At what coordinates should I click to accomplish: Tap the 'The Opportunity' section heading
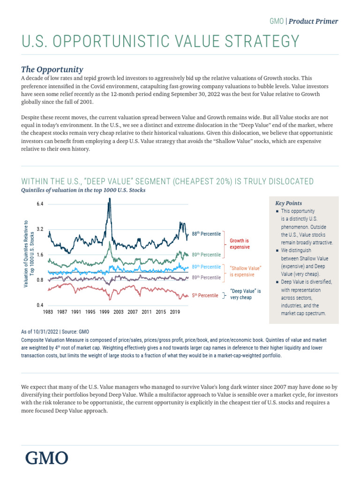(52, 69)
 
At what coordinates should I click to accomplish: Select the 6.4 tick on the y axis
(39, 204)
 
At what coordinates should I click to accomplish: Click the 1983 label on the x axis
(48, 312)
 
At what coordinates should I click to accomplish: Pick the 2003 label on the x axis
(119, 312)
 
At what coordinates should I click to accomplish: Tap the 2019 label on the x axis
(175, 312)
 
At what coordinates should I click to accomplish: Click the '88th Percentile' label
(206, 233)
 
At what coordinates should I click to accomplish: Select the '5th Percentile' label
(205, 296)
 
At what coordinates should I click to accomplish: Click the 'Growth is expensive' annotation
(240, 243)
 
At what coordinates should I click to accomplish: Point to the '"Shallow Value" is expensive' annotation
(245, 271)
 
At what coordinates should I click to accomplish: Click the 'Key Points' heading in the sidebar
(288, 203)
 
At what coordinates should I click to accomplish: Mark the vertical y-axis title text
(29, 254)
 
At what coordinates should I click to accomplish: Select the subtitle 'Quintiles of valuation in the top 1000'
(83, 190)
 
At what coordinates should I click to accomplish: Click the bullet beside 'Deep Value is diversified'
(278, 282)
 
